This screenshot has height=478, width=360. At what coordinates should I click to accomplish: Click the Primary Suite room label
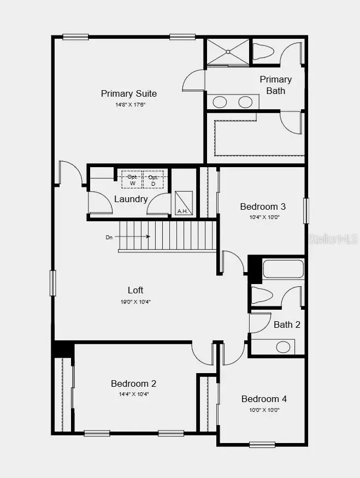tap(129, 93)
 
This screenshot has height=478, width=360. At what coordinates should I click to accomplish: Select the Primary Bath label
tap(275, 85)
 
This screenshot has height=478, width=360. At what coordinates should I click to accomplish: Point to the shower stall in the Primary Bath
tap(227, 52)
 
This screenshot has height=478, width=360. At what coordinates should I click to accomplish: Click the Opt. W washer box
tap(132, 180)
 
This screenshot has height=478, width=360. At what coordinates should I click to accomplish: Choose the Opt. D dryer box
tap(153, 180)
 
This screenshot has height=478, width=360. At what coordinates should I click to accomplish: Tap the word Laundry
tap(131, 199)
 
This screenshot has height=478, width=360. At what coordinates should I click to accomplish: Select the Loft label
tap(135, 290)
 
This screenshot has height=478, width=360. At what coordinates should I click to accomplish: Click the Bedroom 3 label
tap(263, 206)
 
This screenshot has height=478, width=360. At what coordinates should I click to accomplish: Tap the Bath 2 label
tap(287, 324)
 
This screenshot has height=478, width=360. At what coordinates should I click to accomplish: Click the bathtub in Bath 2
tap(283, 269)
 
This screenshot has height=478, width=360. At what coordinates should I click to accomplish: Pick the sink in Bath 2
tap(283, 346)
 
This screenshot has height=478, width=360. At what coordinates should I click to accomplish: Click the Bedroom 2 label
tap(134, 383)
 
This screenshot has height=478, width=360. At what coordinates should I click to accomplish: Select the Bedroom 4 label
tap(264, 399)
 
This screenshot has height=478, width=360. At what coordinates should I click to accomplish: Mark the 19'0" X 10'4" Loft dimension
tap(135, 301)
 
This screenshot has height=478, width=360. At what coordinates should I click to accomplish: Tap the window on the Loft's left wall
tap(53, 283)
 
